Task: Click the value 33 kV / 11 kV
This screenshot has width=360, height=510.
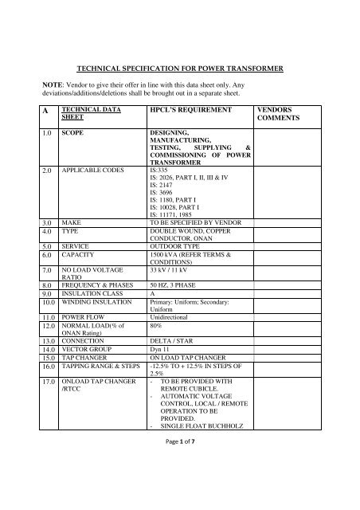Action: (173, 293)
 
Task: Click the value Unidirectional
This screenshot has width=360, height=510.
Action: (173, 338)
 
